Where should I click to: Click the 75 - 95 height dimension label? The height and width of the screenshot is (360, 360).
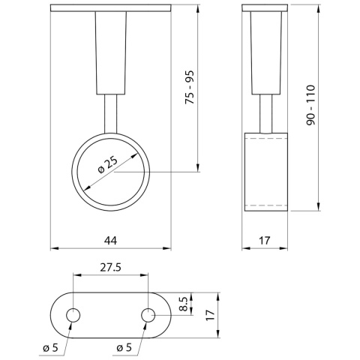pos(189,87)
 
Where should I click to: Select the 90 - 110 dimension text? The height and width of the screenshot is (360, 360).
pos(311,105)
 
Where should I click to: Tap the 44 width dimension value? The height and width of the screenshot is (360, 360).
pos(110,241)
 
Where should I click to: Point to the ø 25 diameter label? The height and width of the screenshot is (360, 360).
pos(108,165)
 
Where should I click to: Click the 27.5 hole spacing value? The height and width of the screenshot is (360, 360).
pos(110,268)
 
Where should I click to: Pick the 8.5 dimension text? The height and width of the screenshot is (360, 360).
pos(184,304)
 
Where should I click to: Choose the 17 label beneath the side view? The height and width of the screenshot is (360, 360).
pos(265,241)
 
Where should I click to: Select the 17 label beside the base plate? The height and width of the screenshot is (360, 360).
pos(210,315)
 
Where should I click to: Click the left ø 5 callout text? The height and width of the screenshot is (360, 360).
pos(50,347)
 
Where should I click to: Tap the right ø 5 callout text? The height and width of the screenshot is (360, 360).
pos(124,347)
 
